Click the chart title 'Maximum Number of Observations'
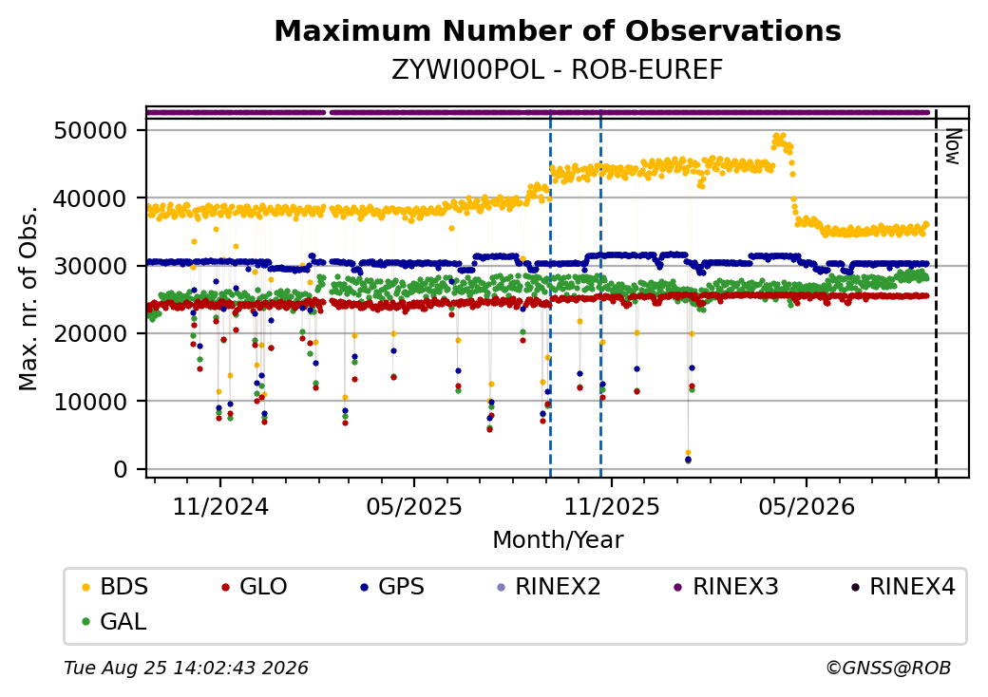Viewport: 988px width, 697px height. pyautogui.click(x=558, y=30)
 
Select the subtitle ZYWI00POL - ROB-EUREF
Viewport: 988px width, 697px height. pyautogui.click(x=558, y=70)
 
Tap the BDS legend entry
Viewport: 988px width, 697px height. pyautogui.click(x=115, y=587)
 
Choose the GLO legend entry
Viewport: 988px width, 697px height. pyautogui.click(x=255, y=587)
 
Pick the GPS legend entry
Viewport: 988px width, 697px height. pyautogui.click(x=392, y=587)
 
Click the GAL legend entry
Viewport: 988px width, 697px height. pyautogui.click(x=115, y=621)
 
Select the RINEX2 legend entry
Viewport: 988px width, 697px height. pyautogui.click(x=549, y=587)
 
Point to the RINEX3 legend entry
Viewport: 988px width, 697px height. pyautogui.click(x=727, y=587)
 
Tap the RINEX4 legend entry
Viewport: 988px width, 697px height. pyautogui.click(x=903, y=587)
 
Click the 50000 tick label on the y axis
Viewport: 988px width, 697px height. pyautogui.click(x=91, y=131)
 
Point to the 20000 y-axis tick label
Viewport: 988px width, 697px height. pyautogui.click(x=91, y=333)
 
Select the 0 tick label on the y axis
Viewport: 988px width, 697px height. pyautogui.click(x=121, y=469)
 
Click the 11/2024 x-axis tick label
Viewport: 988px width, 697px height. pyautogui.click(x=220, y=506)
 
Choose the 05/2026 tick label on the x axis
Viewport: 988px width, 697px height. pyautogui.click(x=807, y=506)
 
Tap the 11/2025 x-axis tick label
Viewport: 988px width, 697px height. pyautogui.click(x=611, y=506)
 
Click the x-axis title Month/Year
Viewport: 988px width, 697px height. pyautogui.click(x=558, y=539)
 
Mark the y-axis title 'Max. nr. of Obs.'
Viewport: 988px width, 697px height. pyautogui.click(x=28, y=298)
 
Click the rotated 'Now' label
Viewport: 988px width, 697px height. pyautogui.click(x=954, y=146)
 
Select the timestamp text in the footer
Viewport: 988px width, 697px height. pyautogui.click(x=186, y=668)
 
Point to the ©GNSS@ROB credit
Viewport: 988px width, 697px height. pyautogui.click(x=888, y=668)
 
